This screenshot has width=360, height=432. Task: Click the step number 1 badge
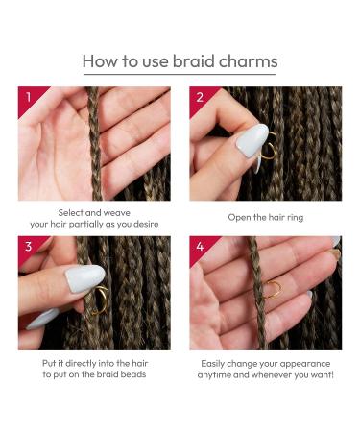tap(28, 97)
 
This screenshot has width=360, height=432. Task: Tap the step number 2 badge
tap(200, 97)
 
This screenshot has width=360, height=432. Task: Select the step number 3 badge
tap(28, 247)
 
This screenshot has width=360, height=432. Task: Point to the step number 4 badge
tap(200, 247)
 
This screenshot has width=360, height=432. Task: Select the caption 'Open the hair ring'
tap(265, 217)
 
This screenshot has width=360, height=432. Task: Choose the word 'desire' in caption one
tap(142, 224)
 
